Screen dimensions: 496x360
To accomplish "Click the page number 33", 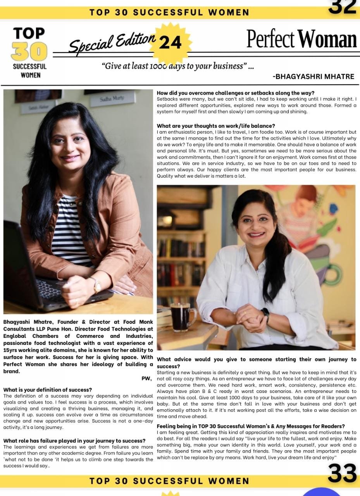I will coord(342,474).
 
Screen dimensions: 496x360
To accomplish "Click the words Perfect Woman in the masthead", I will coord(301,39).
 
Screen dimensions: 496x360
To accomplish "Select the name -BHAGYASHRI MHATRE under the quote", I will coord(313,76).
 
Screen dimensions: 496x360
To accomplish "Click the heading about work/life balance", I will coord(216,126).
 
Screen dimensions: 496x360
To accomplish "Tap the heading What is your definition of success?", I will coord(48,389).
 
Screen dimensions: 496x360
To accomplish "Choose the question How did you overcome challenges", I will coord(236,93).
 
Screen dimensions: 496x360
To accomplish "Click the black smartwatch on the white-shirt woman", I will coord(265,315).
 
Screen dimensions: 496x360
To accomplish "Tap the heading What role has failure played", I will coord(74,441).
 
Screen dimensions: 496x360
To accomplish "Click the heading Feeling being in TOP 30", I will coord(250,426).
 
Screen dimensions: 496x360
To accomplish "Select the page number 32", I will coord(342,7).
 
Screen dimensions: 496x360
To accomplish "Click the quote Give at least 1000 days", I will coord(178,66).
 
